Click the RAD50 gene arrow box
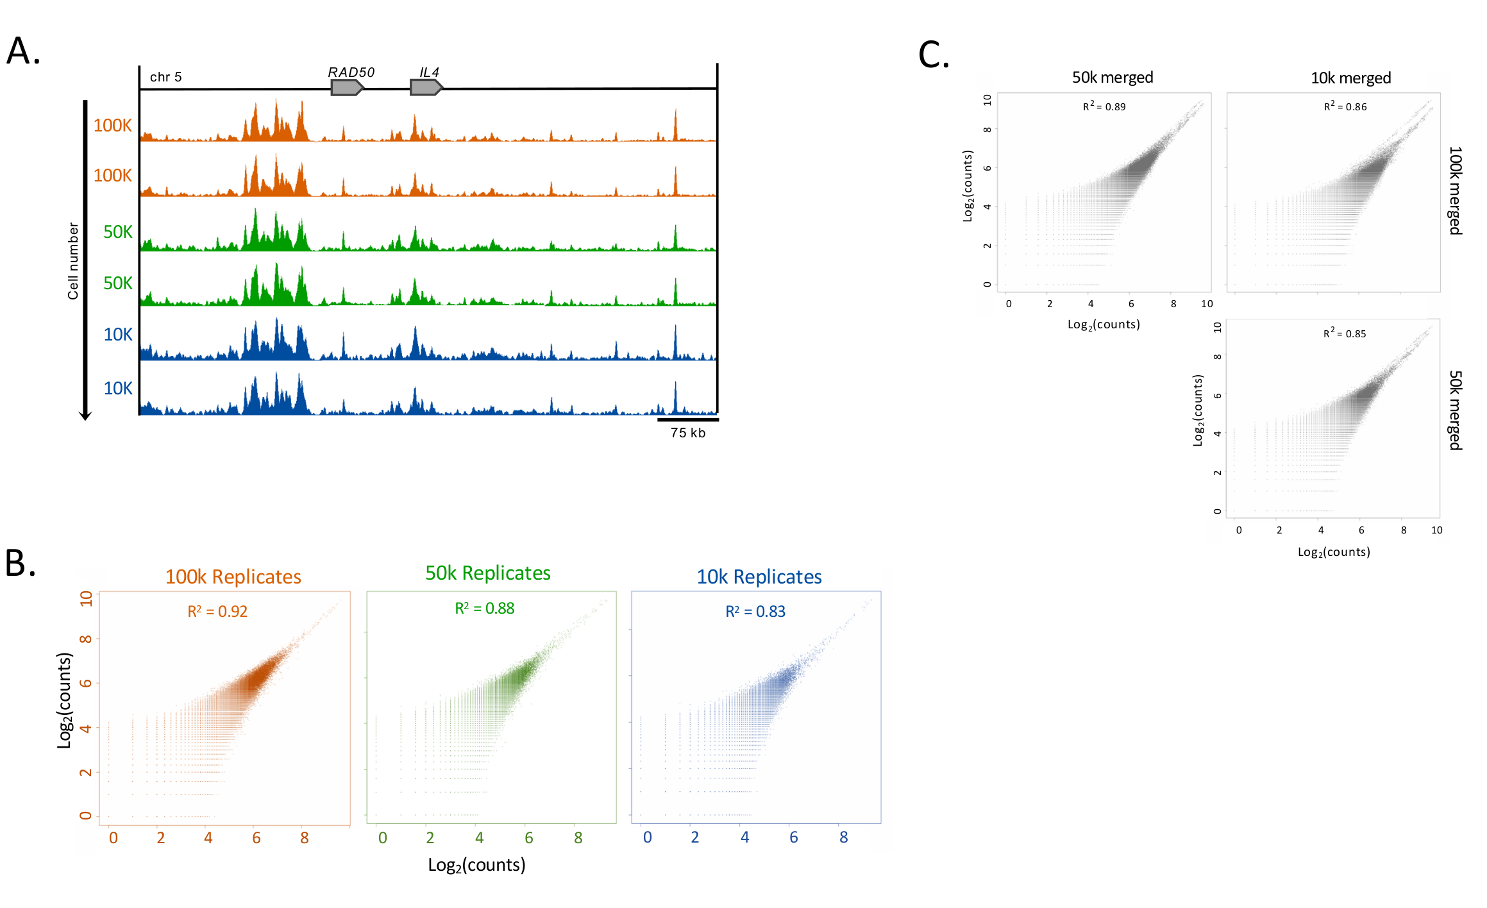(346, 88)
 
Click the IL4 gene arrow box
(426, 87)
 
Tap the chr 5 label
(165, 78)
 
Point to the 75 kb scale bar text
(688, 433)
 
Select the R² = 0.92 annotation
(217, 612)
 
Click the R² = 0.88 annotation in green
(485, 609)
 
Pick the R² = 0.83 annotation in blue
(755, 612)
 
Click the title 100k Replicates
(233, 577)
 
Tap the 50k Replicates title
(488, 573)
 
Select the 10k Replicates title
(759, 577)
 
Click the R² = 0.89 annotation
(1104, 106)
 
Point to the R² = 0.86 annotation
(1345, 106)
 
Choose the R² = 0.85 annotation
(1345, 333)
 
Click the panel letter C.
(934, 55)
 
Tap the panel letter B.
(20, 564)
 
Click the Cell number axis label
(73, 261)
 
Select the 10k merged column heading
(1350, 78)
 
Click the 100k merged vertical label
(1455, 190)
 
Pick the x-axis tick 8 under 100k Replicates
(305, 838)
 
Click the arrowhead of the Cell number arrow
(85, 416)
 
